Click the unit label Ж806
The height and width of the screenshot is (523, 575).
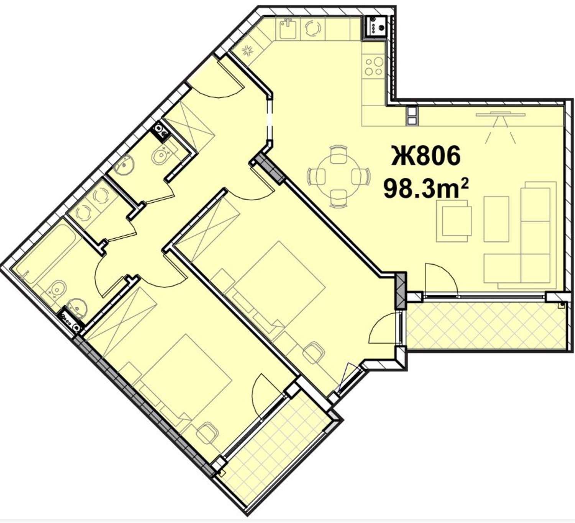pos(426,155)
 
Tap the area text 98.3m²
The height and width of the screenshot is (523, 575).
pos(426,188)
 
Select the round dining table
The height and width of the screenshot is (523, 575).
pos(338,176)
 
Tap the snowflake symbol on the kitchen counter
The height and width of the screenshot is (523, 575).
pos(247,51)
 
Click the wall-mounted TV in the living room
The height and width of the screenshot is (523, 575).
pos(500,115)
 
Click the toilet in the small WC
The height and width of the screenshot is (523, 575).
pos(161,155)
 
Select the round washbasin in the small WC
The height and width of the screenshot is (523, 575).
pos(125,165)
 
